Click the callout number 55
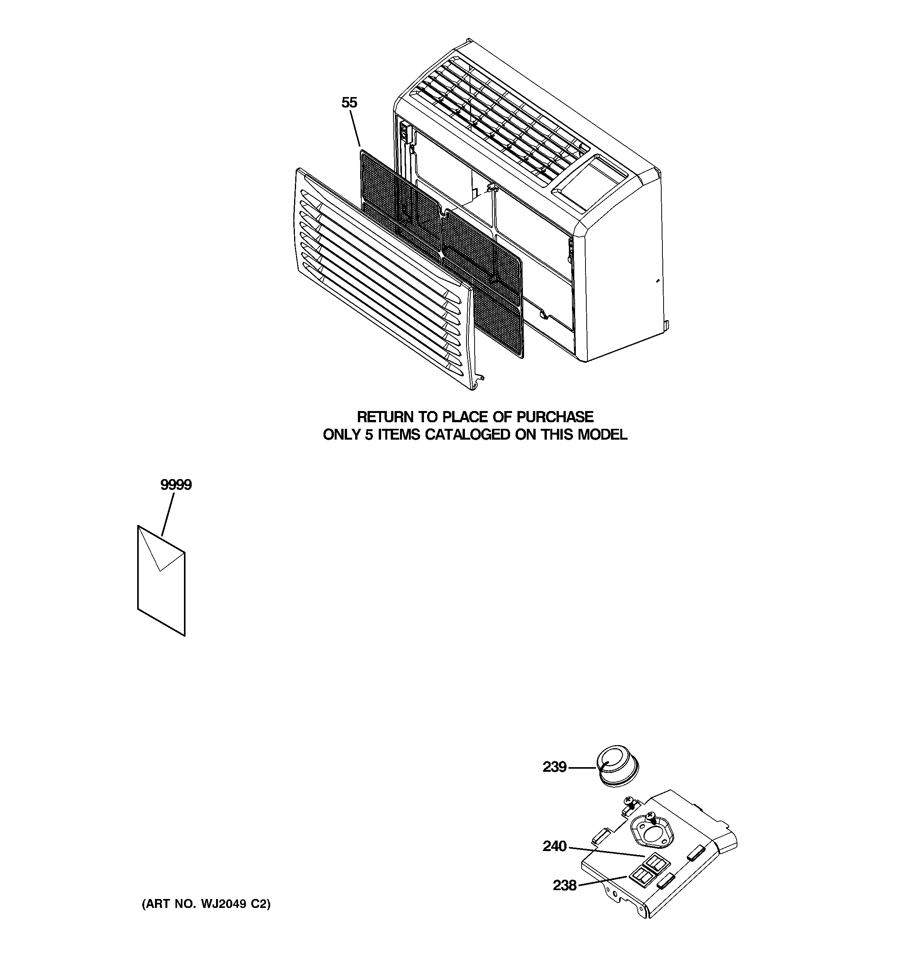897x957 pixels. (349, 102)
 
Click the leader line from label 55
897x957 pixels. (355, 128)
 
